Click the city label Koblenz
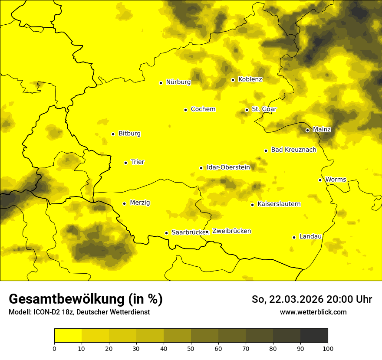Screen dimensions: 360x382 coord(250,79)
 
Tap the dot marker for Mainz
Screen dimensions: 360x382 coord(307,130)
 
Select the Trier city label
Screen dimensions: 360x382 coord(138,162)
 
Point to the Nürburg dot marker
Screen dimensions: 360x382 coord(161,82)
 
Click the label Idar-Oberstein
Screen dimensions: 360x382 coord(228,167)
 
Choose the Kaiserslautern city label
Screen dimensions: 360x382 coord(279,204)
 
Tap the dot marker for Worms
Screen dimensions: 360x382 coord(320,180)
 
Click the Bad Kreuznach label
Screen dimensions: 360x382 coord(293,150)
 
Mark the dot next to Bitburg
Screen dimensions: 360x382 coord(113,134)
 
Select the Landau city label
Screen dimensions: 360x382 coord(310,237)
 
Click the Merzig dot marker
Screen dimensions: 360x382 coord(124,203)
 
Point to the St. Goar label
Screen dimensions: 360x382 coord(264,109)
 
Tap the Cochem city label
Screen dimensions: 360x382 coord(203,109)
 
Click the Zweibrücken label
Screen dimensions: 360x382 coord(232,231)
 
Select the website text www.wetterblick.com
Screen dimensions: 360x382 coord(313,312)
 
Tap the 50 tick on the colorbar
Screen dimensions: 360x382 coord(191,348)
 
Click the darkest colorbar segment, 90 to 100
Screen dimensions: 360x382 coord(314,336)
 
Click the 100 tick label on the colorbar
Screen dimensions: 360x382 coord(328,348)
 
